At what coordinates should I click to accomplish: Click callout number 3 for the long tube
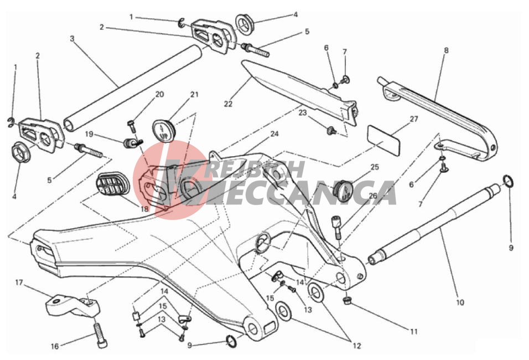pos(72,39)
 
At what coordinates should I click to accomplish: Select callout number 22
pos(228,104)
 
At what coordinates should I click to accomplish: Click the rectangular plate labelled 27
pos(383,140)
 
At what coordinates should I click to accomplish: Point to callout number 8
pos(446,50)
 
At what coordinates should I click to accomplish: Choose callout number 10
pos(460,302)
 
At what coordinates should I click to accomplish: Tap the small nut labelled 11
pos(346,300)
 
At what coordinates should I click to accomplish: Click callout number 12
pos(356,346)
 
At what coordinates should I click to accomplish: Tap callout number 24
pos(274,134)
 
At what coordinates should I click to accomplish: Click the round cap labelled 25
pos(343,189)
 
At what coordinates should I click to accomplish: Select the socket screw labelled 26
pos(337,227)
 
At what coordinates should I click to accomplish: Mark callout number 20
pos(159,94)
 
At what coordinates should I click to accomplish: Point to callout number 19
pos(89,135)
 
